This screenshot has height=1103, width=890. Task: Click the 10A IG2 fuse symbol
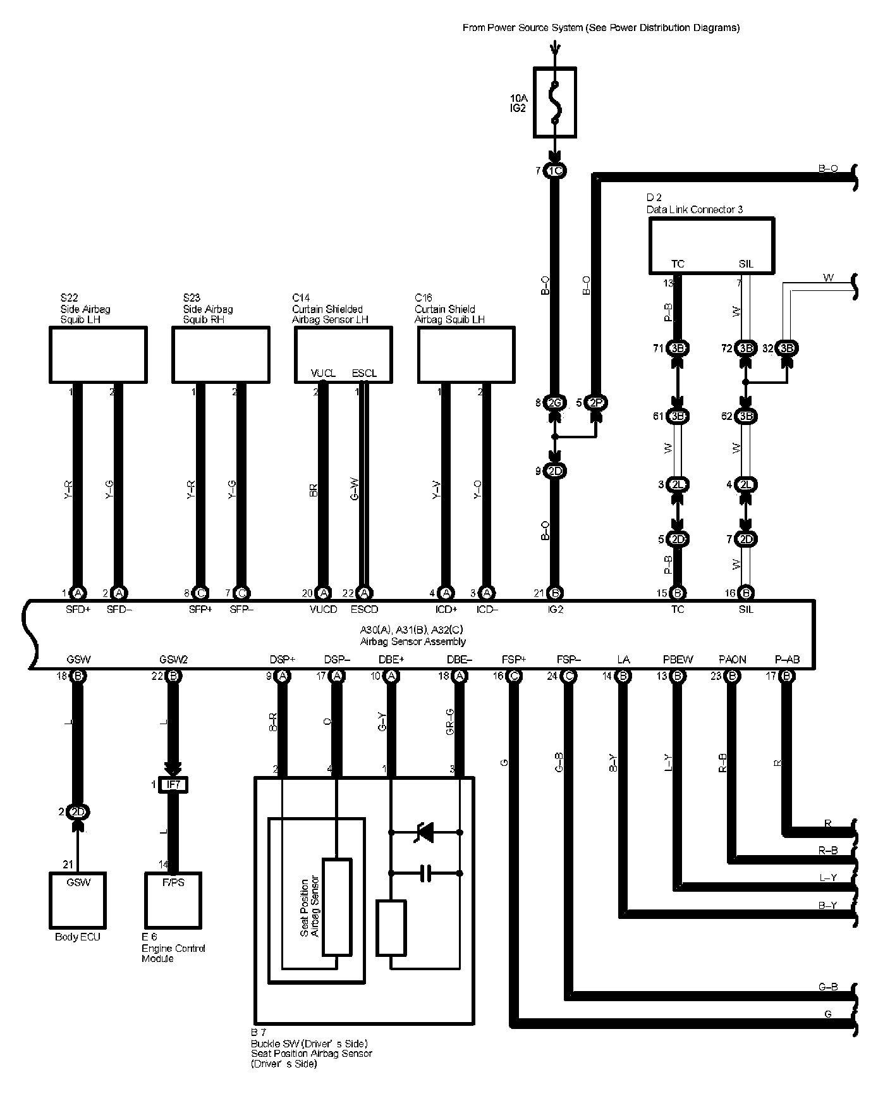pos(554,102)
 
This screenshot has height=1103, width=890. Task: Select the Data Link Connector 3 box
pos(712,245)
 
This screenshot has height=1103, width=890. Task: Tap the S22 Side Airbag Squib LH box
pos(98,354)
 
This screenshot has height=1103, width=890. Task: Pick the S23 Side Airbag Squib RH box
pos(221,354)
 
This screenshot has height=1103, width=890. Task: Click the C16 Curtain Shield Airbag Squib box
pos(466,354)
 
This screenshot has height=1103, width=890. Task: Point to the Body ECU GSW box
pos(78,900)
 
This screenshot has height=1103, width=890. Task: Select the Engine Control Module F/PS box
pos(173,900)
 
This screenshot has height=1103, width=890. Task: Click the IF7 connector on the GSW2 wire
pos(173,785)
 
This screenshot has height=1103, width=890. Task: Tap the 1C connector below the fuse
pos(555,171)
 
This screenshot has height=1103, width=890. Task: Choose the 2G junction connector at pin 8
pos(555,402)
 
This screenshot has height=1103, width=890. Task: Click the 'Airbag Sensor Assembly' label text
pos(413,641)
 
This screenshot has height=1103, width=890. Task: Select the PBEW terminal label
pos(678,660)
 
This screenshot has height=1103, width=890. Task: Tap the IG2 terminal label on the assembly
pos(555,610)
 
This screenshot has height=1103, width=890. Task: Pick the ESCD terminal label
pos(364,610)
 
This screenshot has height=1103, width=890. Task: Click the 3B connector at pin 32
pos(787,348)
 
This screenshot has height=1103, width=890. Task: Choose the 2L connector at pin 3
pos(678,484)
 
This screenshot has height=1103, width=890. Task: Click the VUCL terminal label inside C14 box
pos(323,373)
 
